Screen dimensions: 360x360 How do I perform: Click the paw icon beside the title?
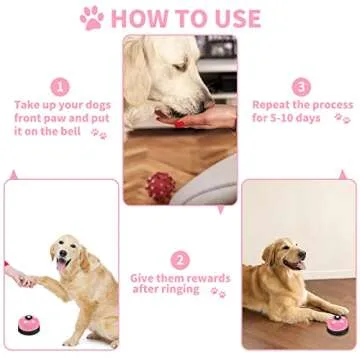pos(92,17)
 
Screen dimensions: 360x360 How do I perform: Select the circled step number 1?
pos(59,87)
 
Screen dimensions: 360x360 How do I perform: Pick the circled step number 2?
pos(181,259)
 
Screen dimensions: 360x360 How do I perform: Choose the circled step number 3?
pos(301,87)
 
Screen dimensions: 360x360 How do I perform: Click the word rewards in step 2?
pos(205,278)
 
